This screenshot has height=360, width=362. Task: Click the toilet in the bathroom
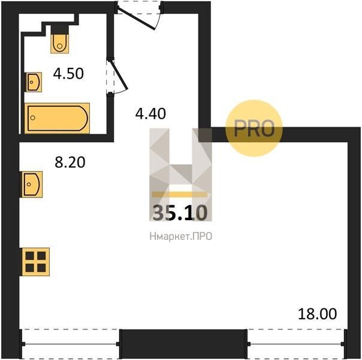(x=59, y=43)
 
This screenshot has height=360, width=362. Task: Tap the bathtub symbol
(x=57, y=118)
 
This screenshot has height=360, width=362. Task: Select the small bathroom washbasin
(x=34, y=82)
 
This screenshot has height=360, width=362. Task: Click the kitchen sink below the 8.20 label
(x=32, y=184)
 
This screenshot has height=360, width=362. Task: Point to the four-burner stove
(x=35, y=262)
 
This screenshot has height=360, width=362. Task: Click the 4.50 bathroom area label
(x=68, y=74)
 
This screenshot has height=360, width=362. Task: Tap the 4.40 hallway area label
(x=150, y=113)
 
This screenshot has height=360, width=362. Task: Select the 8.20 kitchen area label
(x=70, y=162)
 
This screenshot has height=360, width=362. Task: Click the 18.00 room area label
(x=318, y=314)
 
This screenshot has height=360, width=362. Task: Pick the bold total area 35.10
(x=180, y=213)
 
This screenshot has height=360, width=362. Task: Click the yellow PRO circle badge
(x=254, y=128)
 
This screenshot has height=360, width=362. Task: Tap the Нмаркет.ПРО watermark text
(x=181, y=236)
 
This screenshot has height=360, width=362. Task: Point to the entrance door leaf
(x=136, y=19)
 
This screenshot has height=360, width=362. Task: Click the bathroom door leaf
(x=119, y=75)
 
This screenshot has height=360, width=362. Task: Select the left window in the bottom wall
(x=70, y=344)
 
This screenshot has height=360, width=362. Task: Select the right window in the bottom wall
(x=297, y=344)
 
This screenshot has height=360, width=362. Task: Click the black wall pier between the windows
(x=183, y=344)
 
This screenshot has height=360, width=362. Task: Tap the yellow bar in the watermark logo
(x=180, y=194)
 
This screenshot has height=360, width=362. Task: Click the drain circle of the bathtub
(x=33, y=118)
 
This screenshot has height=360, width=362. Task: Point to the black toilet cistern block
(x=60, y=29)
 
